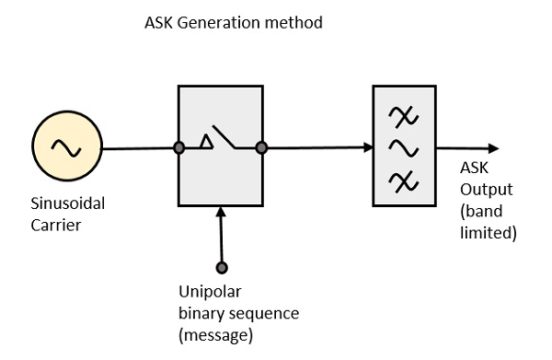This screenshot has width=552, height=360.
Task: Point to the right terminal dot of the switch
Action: pyautogui.click(x=261, y=147)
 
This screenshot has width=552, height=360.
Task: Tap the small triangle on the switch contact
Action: pyautogui.click(x=208, y=142)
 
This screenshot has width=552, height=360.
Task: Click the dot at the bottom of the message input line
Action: pyautogui.click(x=221, y=268)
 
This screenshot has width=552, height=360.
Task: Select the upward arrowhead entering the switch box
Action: pyautogui.click(x=221, y=214)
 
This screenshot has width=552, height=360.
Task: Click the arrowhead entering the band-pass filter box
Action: pyautogui.click(x=366, y=147)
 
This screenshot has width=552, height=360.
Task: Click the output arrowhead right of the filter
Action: pyautogui.click(x=494, y=147)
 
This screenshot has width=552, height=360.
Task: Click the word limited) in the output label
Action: pyautogui.click(x=488, y=233)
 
